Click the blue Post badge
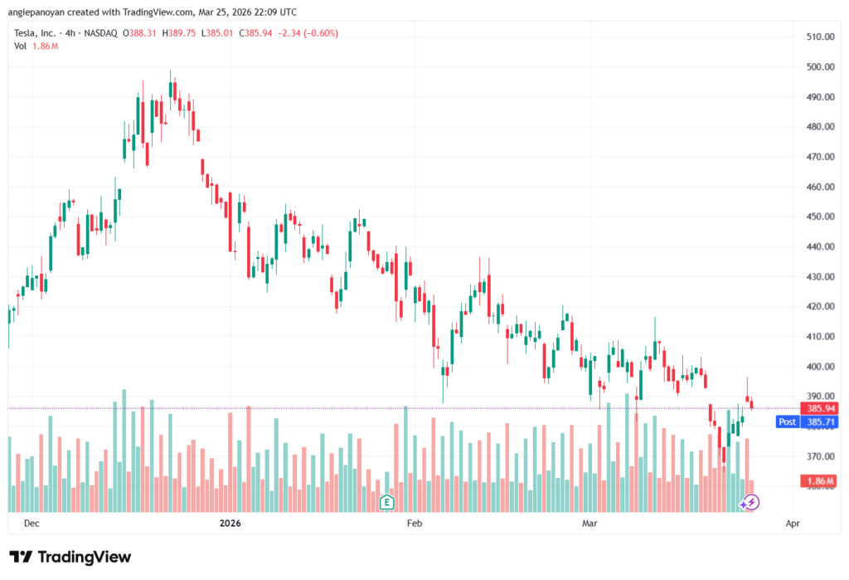(787, 422)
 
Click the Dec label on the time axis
(32, 524)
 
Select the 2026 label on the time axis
(229, 524)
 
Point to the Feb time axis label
(414, 524)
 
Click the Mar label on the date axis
(589, 524)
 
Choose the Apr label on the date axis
(792, 524)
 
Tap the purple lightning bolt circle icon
(750, 501)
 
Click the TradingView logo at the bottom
(70, 557)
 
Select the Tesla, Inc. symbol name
(36, 33)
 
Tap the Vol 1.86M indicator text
(36, 46)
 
